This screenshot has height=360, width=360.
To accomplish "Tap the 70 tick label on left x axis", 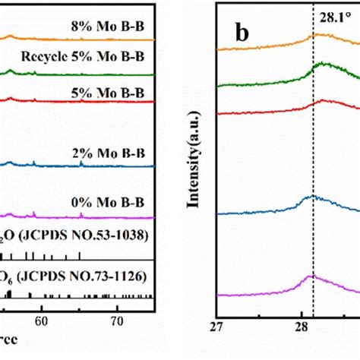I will coord(117,321).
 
